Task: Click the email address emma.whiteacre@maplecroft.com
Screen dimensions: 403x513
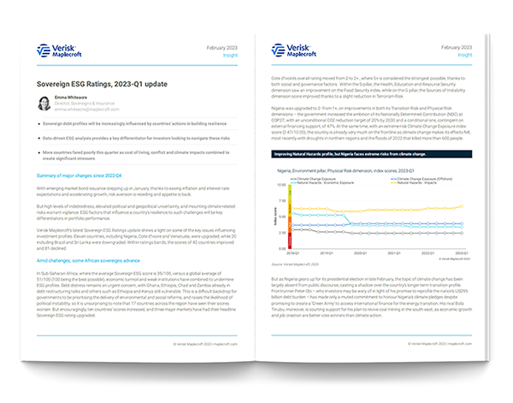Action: [x=87, y=110]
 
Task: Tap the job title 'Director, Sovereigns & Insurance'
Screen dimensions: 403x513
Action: [x=87, y=104]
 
